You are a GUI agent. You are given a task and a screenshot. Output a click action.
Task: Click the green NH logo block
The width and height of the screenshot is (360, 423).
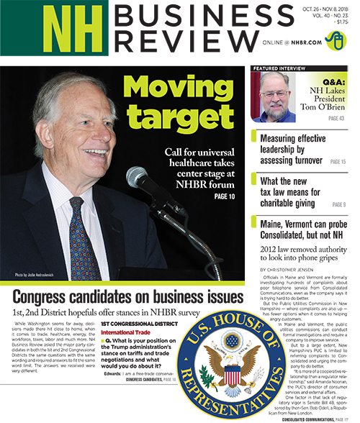click(x=53, y=29)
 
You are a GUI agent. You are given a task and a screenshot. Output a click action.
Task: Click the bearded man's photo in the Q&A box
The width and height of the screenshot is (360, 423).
click(x=274, y=97)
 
